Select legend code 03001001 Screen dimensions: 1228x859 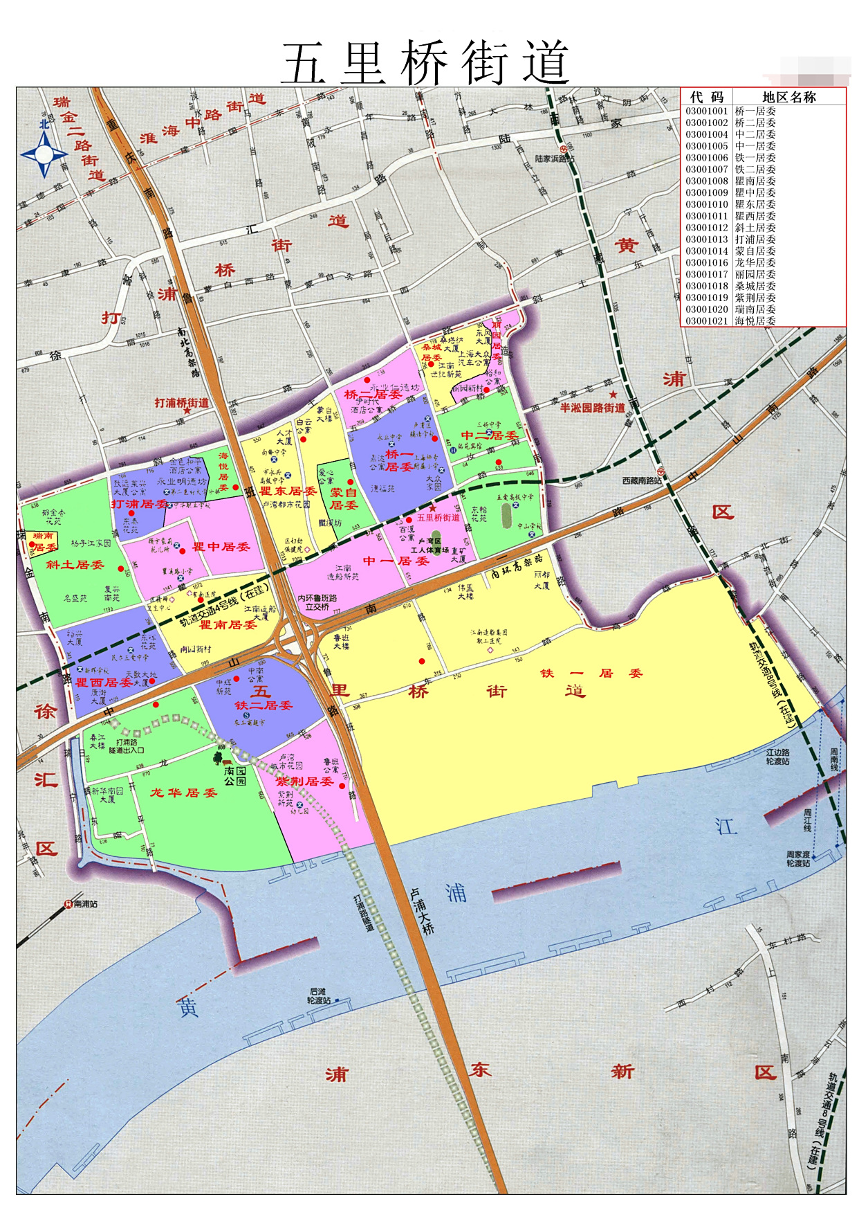coord(706,111)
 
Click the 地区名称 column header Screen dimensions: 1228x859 coord(788,97)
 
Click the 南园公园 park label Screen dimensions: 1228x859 coord(235,775)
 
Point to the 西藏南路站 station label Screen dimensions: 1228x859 coord(641,480)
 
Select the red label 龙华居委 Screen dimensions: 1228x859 coord(184,793)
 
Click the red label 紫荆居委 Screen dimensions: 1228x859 coord(304,781)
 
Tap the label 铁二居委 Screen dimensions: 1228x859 coord(263,705)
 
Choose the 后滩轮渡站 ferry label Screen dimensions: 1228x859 coord(319,995)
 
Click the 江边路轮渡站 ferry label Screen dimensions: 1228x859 coord(777,757)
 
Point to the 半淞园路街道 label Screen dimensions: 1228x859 coord(592,408)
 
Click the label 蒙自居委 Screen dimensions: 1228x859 coord(344,498)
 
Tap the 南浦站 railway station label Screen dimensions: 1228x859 coord(84,903)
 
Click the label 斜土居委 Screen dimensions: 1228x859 coord(75,564)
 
